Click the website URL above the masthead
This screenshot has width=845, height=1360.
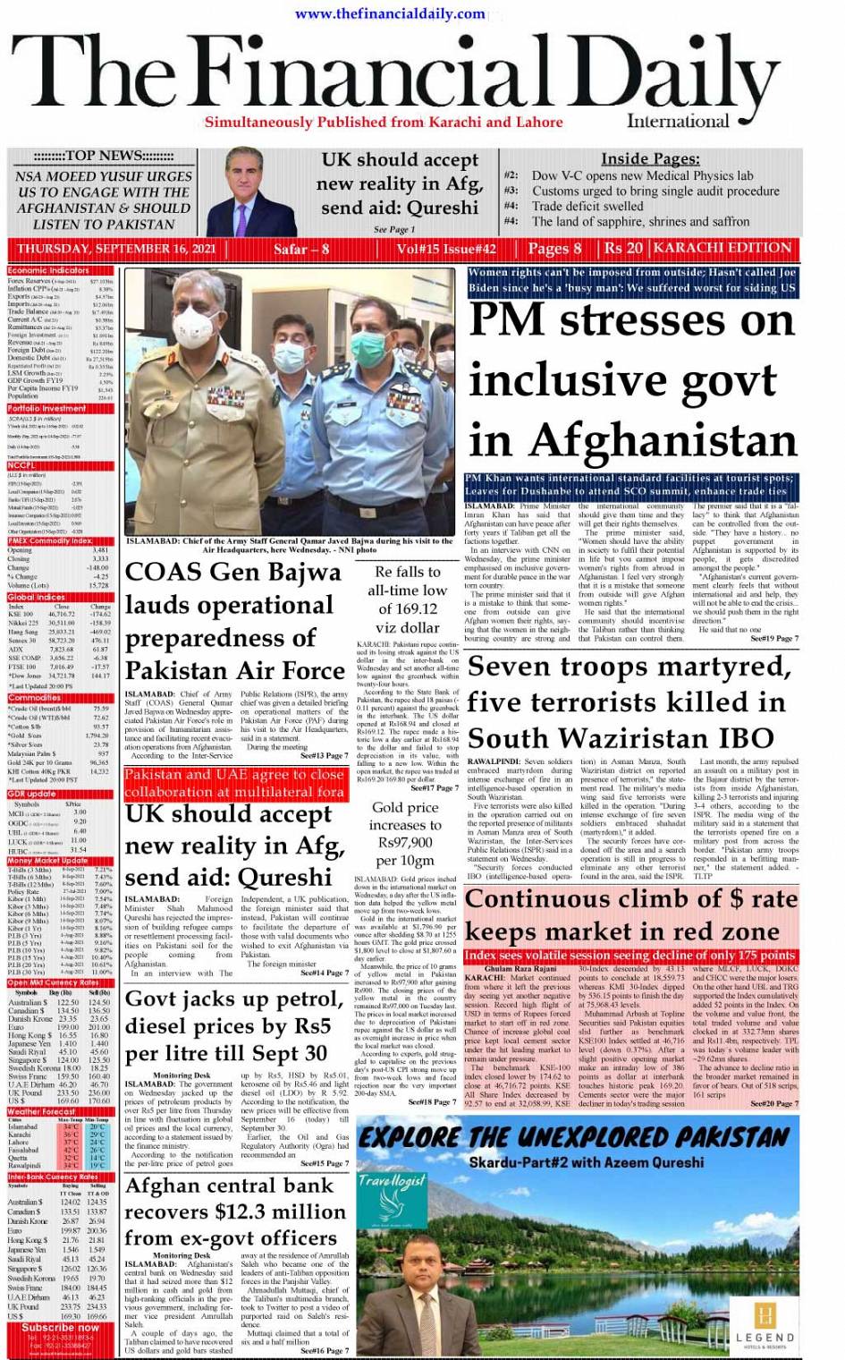pyautogui.click(x=391, y=13)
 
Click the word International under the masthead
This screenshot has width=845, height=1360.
pyautogui.click(x=678, y=122)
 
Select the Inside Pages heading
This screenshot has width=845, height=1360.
pyautogui.click(x=649, y=158)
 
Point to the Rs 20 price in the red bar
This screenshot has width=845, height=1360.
pyautogui.click(x=623, y=248)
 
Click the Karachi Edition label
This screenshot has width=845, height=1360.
pyautogui.click(x=722, y=248)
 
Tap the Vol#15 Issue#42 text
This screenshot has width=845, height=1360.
pyautogui.click(x=446, y=249)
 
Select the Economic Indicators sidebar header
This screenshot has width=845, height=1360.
pyautogui.click(x=49, y=270)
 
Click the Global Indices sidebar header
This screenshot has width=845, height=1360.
pyautogui.click(x=37, y=597)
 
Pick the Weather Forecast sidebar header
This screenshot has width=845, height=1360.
pyautogui.click(x=42, y=1111)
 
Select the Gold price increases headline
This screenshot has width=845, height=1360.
pyautogui.click(x=405, y=833)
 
